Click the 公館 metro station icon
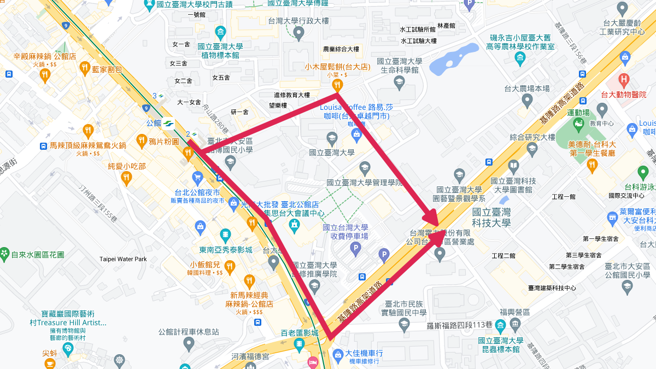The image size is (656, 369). click(169, 123)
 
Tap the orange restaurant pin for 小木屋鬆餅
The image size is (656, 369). click(338, 85)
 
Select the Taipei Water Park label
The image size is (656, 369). click(123, 259)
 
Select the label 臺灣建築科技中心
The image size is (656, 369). click(552, 288)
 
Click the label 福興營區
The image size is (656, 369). click(515, 312)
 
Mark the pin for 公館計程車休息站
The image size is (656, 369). click(189, 344)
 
